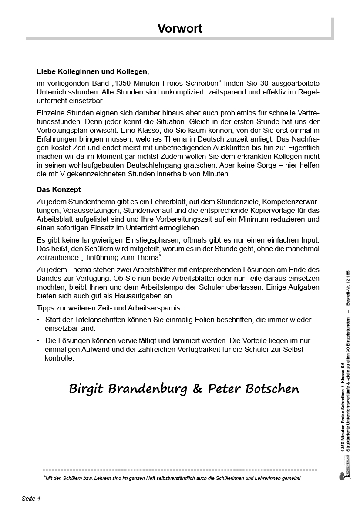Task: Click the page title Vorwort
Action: (180, 29)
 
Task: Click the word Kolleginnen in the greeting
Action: (75, 71)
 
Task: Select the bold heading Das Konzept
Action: (59, 190)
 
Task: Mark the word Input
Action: (310, 239)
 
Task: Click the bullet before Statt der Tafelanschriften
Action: (39, 320)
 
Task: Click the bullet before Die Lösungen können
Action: (39, 341)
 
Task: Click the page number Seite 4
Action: (31, 499)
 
